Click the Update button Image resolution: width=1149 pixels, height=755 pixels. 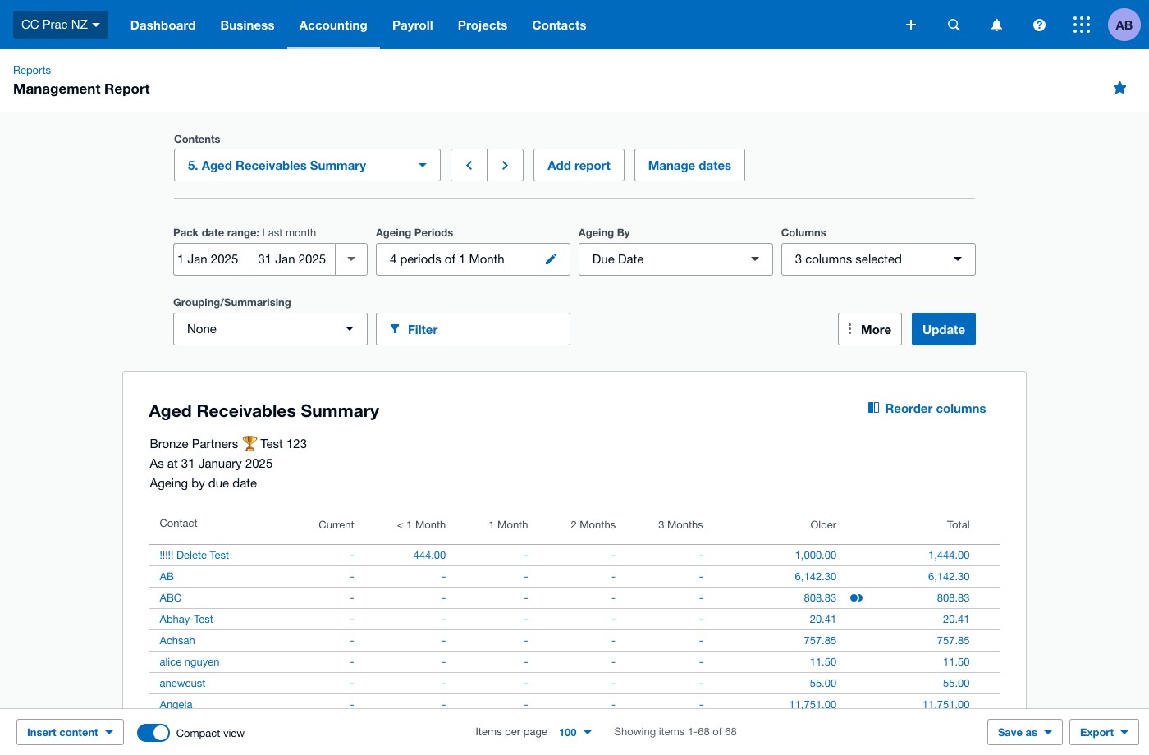[943, 329]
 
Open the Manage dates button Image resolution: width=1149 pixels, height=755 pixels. [689, 165]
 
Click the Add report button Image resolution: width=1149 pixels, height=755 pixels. [579, 165]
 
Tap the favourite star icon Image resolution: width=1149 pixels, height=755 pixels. [1119, 88]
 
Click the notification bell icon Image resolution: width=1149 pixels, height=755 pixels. [996, 25]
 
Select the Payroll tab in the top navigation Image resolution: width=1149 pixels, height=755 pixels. [412, 25]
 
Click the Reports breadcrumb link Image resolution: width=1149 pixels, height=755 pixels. [32, 70]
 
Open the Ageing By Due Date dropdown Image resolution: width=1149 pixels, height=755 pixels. [675, 259]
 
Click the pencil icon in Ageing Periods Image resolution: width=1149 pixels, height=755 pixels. [551, 259]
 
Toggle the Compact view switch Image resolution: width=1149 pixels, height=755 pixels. [153, 732]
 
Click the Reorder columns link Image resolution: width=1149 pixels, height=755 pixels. [927, 409]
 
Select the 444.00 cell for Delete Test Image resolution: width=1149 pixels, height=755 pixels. [429, 555]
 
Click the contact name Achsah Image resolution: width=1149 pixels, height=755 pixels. [177, 640]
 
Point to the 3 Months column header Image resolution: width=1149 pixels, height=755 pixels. [680, 524]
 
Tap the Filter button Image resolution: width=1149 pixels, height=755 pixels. [473, 329]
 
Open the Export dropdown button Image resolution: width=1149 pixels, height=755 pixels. [1104, 732]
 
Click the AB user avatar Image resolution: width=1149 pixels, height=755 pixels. [1124, 25]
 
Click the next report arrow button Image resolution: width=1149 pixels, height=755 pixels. [505, 165]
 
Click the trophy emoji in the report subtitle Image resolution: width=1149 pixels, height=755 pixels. [249, 443]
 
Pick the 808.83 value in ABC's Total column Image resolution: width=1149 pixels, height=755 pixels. [953, 597]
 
